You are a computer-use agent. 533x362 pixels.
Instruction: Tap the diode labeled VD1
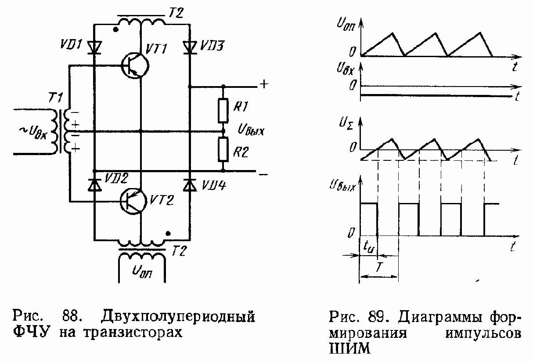click(x=94, y=47)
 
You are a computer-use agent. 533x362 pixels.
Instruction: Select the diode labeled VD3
click(x=190, y=47)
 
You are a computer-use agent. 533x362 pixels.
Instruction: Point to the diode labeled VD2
click(x=94, y=185)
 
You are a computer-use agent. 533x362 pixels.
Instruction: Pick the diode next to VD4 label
click(x=190, y=185)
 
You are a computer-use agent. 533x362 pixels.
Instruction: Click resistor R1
click(x=223, y=110)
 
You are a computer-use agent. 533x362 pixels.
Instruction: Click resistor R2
click(x=223, y=150)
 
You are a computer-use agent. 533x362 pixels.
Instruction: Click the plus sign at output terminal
click(x=264, y=84)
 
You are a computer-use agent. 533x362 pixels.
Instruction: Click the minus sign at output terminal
click(x=263, y=174)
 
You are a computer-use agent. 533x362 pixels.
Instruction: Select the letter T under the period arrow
click(x=378, y=266)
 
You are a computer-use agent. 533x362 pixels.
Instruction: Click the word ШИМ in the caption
click(x=349, y=348)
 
